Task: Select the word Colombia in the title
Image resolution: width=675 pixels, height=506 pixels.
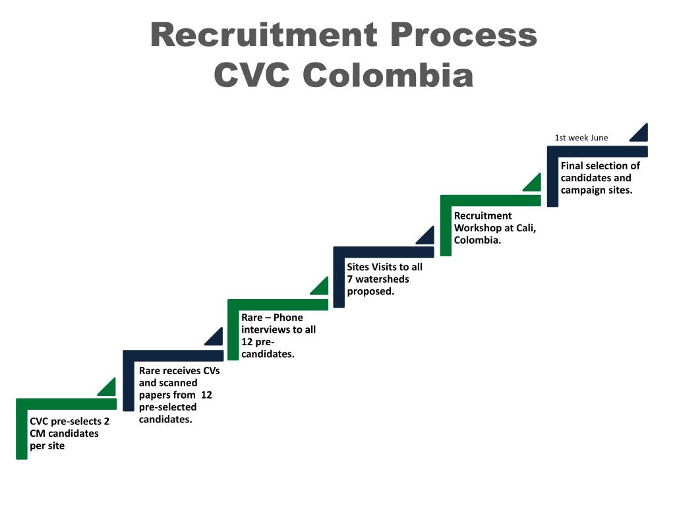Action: pyautogui.click(x=388, y=75)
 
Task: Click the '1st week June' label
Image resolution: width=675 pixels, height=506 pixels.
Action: pyautogui.click(x=581, y=138)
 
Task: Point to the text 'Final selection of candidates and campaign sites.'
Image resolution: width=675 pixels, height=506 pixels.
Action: pyautogui.click(x=600, y=178)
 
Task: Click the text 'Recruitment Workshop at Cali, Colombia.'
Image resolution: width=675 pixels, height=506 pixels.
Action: pyautogui.click(x=494, y=228)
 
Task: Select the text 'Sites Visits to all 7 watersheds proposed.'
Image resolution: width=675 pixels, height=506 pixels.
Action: pyautogui.click(x=385, y=279)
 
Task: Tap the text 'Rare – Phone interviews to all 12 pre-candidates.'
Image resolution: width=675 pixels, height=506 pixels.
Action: pyautogui.click(x=278, y=335)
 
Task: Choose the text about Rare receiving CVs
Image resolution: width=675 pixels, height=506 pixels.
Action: pyautogui.click(x=179, y=395)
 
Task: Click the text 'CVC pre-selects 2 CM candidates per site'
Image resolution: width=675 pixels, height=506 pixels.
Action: pyautogui.click(x=69, y=434)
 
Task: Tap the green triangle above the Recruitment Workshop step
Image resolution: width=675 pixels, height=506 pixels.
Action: pyautogui.click(x=534, y=184)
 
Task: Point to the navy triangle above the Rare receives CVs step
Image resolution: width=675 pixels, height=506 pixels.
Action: pyautogui.click(x=216, y=338)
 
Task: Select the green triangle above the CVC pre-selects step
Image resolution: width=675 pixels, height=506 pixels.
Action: pyautogui.click(x=108, y=388)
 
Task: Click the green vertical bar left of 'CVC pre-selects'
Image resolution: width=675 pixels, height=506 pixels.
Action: pyautogui.click(x=22, y=432)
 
